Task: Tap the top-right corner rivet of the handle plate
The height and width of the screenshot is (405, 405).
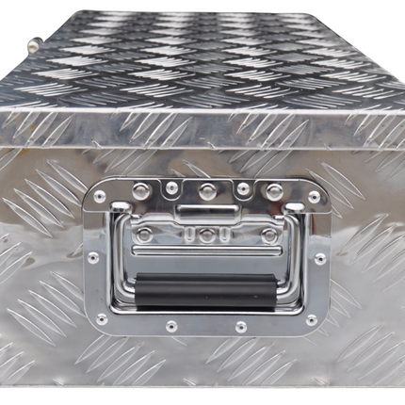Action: click(x=314, y=199)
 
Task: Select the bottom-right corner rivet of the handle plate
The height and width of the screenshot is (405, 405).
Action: click(x=311, y=319)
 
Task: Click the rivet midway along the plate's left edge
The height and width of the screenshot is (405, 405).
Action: click(x=93, y=256)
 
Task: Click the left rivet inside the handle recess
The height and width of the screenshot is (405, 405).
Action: click(x=145, y=232)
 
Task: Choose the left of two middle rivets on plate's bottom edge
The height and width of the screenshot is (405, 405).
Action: click(x=172, y=327)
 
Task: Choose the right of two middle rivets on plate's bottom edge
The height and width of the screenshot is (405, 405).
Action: click(x=242, y=327)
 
